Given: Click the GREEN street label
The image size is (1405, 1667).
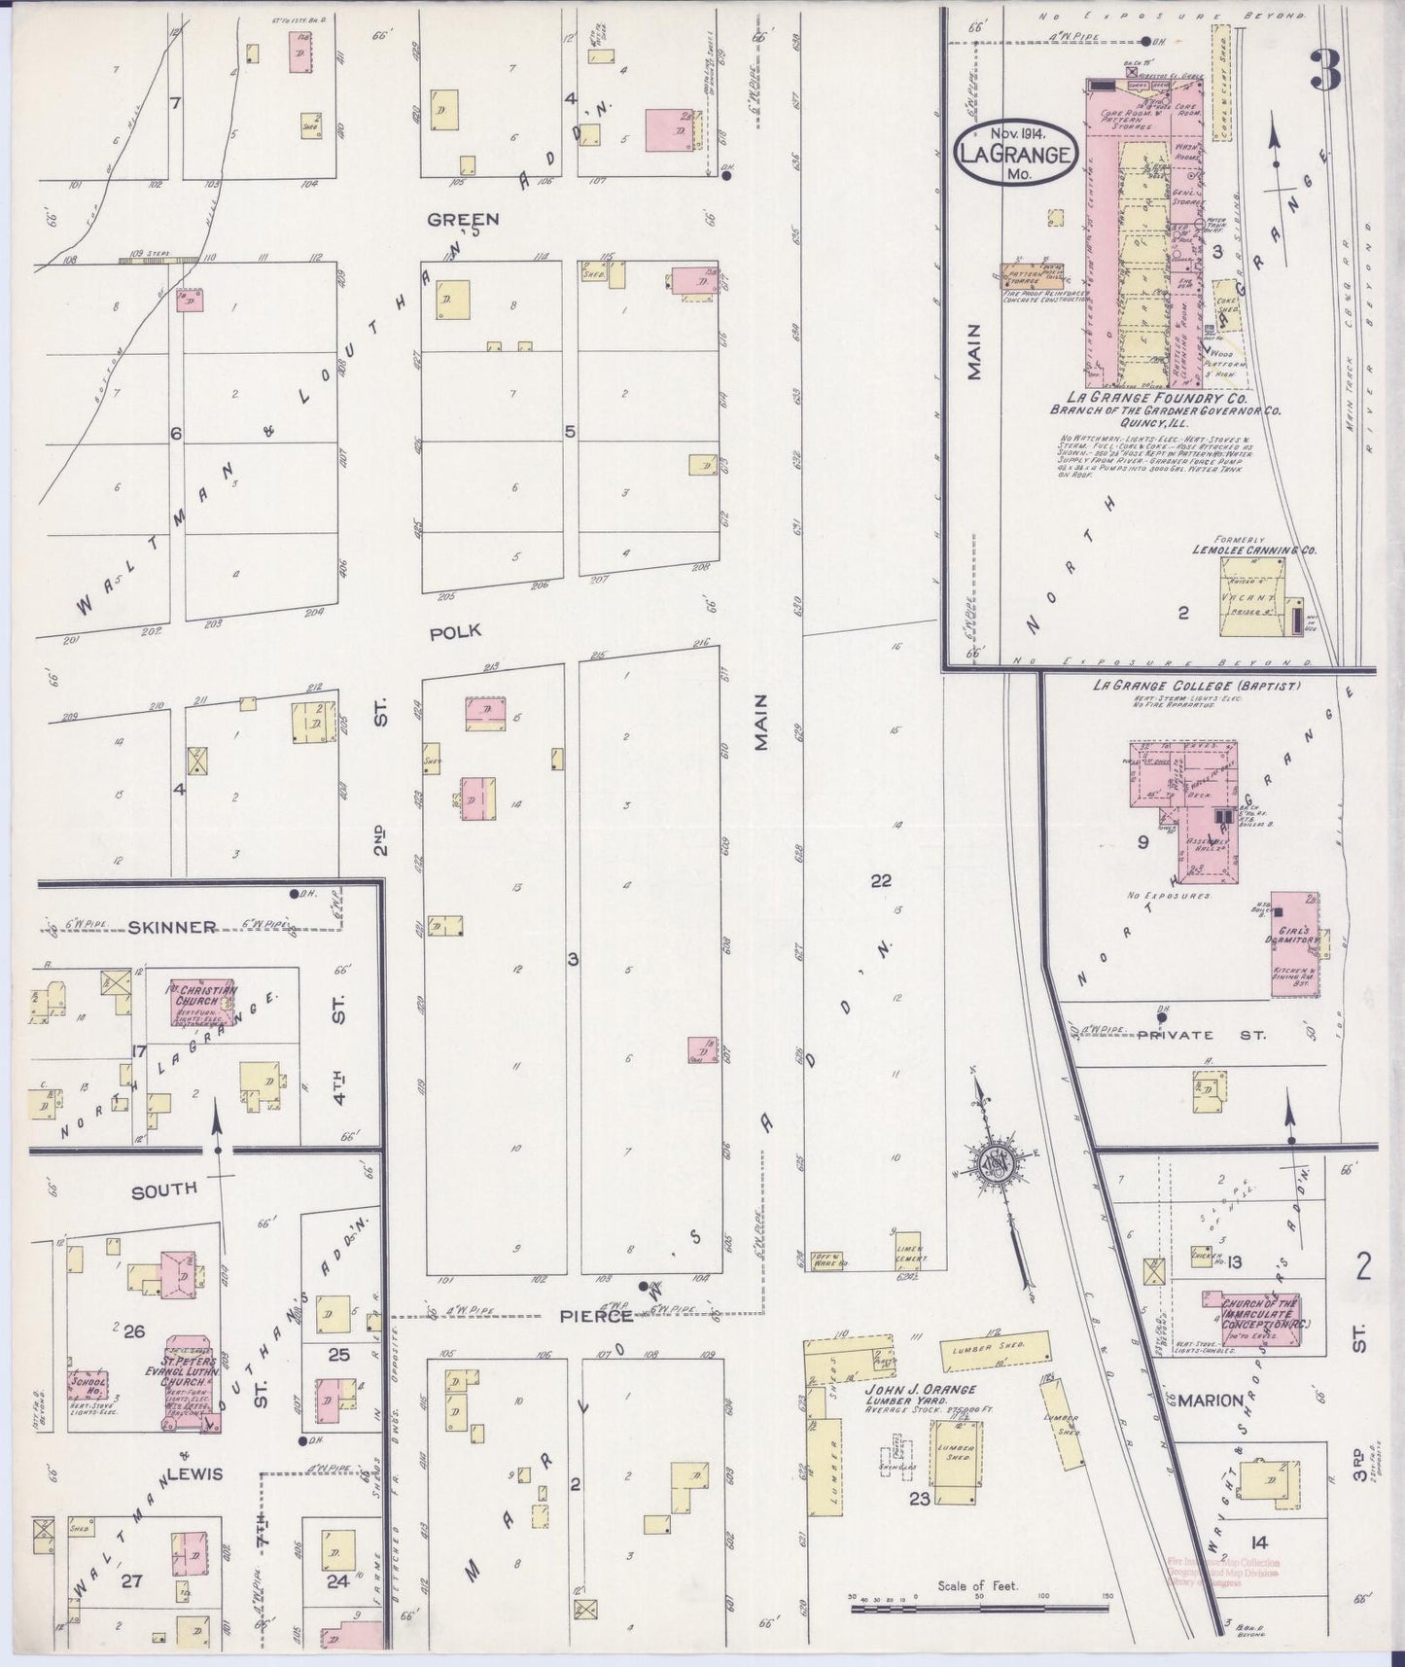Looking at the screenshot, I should pos(463,219).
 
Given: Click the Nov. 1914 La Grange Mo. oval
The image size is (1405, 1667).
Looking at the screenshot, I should pos(1015,155).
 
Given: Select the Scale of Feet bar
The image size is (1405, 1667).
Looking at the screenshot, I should pos(982,1610).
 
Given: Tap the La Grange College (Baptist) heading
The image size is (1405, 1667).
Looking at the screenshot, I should pos(1195,686).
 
